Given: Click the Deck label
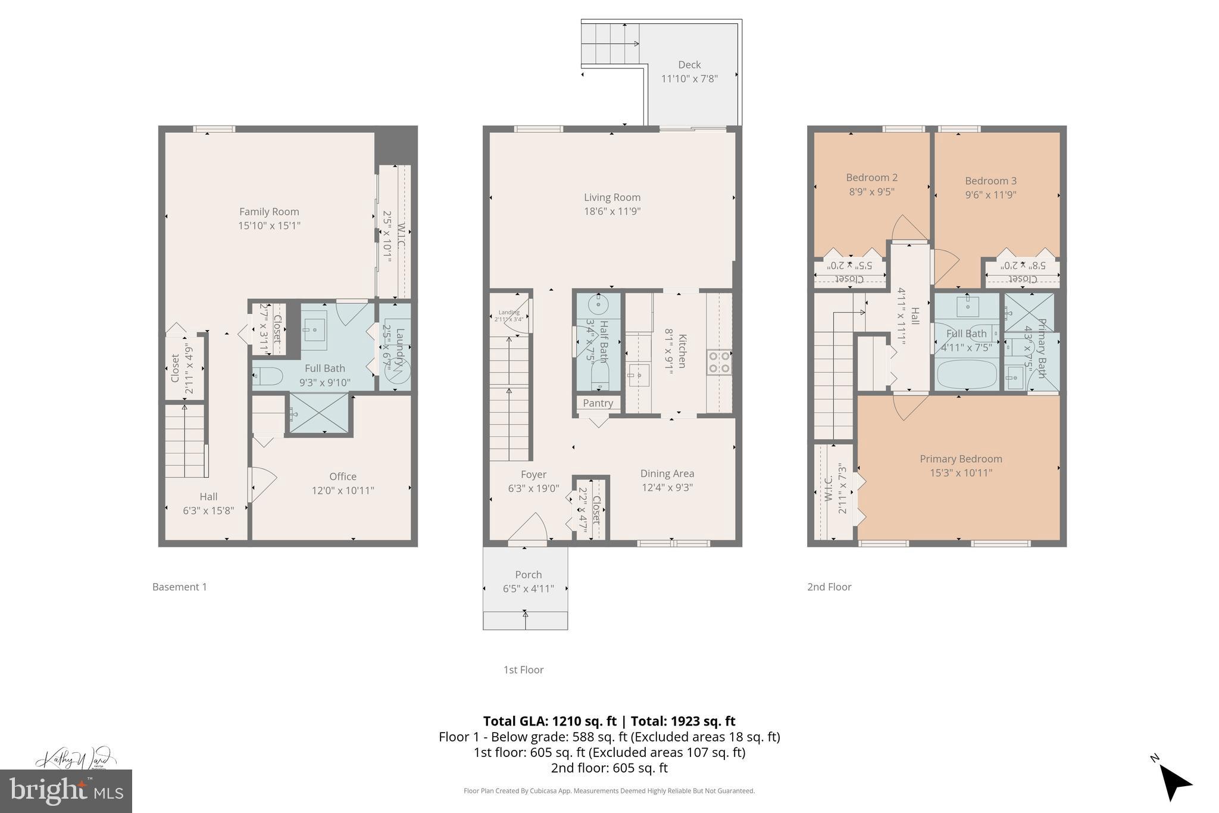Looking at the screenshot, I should [689, 64].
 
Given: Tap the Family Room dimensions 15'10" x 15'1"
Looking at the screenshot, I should [269, 226].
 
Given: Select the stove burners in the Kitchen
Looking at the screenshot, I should [719, 362].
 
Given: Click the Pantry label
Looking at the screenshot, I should [598, 403].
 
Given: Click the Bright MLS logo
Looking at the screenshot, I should [65, 791].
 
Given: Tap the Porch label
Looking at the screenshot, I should [528, 575].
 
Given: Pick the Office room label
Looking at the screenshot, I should [343, 476].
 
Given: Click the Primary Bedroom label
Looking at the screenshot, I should [961, 459].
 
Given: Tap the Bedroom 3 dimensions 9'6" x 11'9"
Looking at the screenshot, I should [990, 195].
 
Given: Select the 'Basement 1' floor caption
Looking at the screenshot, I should [180, 587].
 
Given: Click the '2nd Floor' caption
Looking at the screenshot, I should [829, 587].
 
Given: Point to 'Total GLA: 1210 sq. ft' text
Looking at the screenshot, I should [549, 721].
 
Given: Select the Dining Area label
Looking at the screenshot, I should [667, 474].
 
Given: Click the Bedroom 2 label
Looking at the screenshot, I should [871, 177].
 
